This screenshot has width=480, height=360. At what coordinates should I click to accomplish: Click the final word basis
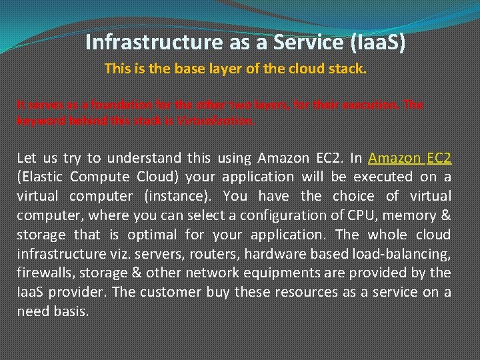pos(70,311)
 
